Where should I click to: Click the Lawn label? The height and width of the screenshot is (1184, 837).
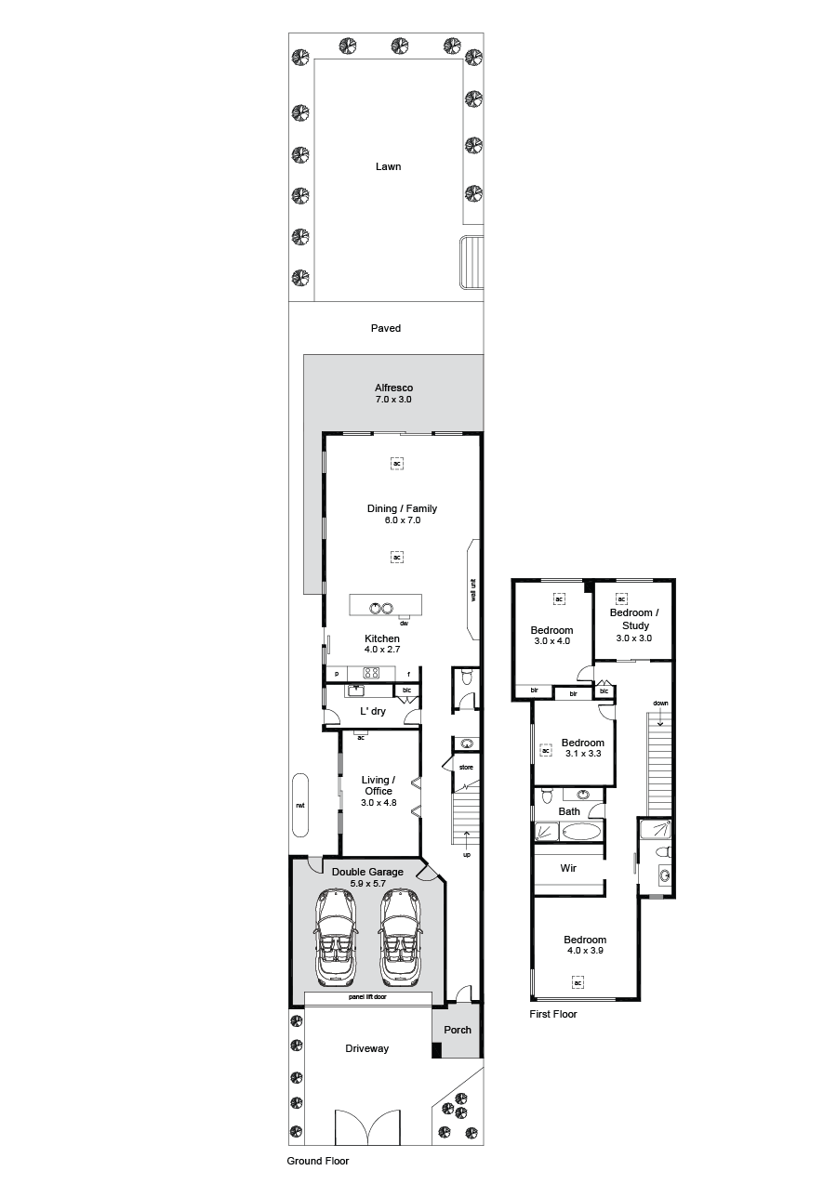[388, 166]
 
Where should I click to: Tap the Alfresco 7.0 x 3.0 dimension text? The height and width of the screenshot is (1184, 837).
[393, 399]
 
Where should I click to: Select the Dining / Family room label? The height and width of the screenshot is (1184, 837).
[402, 508]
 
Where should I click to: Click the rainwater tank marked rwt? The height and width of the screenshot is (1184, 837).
[300, 805]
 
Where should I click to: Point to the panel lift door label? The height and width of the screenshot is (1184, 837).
[367, 997]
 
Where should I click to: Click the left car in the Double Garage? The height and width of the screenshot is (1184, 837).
[336, 937]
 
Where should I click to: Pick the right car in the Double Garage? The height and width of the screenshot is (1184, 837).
[400, 937]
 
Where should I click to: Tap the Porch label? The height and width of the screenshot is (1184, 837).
[458, 1030]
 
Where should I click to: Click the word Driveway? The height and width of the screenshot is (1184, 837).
[366, 1048]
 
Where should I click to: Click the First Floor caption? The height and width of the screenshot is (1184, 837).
[553, 1014]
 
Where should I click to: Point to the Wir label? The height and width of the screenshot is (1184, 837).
[568, 868]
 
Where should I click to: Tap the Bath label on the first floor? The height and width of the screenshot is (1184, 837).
[569, 811]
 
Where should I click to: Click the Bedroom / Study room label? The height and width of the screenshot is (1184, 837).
[634, 619]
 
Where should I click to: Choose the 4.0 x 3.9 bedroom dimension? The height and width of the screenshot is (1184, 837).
[585, 951]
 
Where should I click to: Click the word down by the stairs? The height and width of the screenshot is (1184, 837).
[660, 703]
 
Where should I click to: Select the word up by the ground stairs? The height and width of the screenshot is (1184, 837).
[467, 855]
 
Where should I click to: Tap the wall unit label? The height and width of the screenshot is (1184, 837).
[473, 590]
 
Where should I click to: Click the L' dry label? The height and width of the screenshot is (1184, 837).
[373, 712]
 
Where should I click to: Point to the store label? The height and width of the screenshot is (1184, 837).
[466, 767]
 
